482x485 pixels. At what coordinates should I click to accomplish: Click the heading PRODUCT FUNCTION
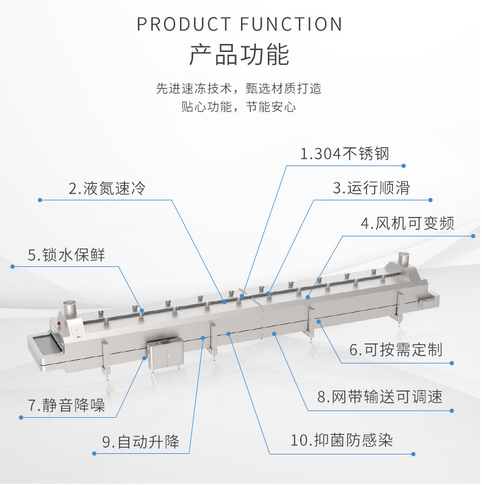[x=240, y=24]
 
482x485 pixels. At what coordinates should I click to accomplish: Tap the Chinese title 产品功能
[x=239, y=55]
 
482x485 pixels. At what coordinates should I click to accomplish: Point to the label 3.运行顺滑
[x=371, y=188]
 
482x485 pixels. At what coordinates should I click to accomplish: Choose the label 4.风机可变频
[x=408, y=223]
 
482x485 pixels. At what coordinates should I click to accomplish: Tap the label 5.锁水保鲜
[x=67, y=255]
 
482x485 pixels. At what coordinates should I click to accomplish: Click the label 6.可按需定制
[x=395, y=350]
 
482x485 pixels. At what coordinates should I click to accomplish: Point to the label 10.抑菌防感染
[x=341, y=440]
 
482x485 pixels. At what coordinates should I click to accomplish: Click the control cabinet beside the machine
[x=165, y=355]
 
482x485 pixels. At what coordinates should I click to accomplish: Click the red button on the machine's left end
[x=59, y=323]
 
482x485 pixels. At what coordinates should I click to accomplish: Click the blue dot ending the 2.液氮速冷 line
[x=40, y=200]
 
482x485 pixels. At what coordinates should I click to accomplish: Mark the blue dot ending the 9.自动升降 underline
[x=93, y=453]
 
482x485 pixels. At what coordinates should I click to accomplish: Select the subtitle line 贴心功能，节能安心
[x=239, y=107]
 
